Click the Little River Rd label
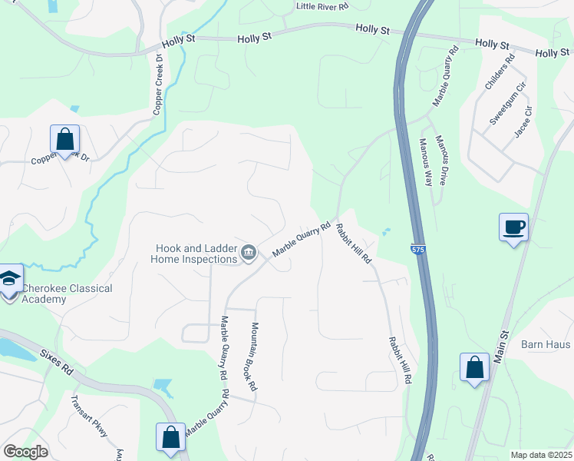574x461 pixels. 322,6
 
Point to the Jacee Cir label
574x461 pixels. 523,121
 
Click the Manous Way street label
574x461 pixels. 425,164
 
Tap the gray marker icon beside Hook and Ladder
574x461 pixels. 249,253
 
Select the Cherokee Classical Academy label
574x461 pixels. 66,294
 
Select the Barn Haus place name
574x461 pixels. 546,344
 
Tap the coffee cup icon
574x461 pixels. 513,227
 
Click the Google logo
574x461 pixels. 25,452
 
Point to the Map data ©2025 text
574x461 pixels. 541,455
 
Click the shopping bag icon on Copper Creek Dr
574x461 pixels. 65,140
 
